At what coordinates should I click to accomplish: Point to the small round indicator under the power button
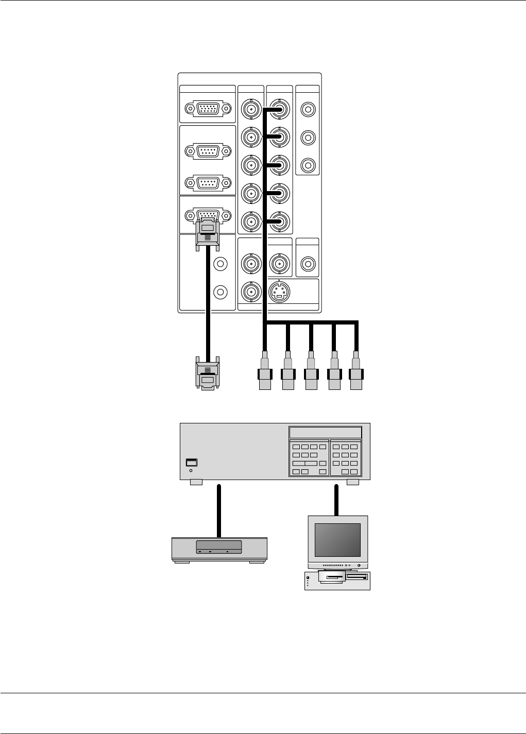191,470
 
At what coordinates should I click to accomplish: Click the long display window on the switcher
325,432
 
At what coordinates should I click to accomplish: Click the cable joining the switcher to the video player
219,510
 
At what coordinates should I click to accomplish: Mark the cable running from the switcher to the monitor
337,500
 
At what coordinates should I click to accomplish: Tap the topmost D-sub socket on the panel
207,109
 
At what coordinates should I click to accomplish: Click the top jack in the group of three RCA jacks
308,109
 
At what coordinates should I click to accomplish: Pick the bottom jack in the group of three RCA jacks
308,165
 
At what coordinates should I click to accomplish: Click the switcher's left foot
196,482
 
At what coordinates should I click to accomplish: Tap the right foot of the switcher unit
353,482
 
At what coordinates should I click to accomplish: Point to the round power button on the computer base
308,577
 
